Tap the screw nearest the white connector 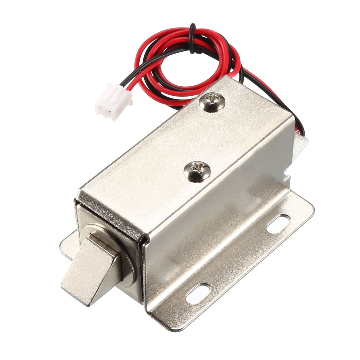212,102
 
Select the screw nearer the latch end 197,172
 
